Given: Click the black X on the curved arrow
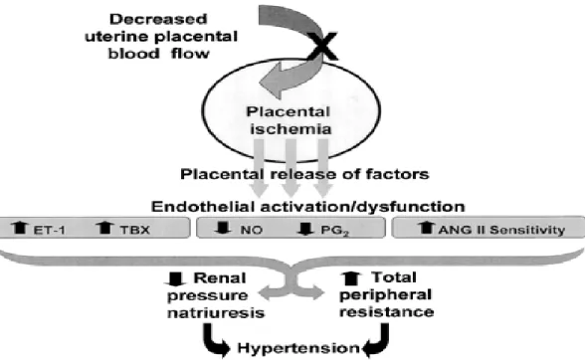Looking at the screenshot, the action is pos(322,47).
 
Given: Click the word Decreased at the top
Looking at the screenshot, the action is pos(158,19).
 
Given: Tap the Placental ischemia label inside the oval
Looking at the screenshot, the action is pos(289,120).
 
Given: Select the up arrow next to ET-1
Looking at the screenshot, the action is pos(20,228).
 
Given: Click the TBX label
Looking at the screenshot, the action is pos(134,230).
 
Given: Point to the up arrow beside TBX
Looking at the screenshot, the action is pos(104,228).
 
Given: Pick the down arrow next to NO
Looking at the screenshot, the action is pos(224,228).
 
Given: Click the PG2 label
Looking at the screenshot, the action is pos(334,231).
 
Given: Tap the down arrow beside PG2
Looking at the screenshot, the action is pos(305,229).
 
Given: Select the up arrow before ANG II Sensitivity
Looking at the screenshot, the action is pos(426,228).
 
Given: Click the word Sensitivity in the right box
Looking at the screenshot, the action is pos(527,230).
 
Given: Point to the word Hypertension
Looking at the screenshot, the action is pos(298,348).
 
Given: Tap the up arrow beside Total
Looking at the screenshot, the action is pos(351,278).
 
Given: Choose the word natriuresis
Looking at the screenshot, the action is pos(216,312).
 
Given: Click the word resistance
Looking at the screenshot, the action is pos(386,311).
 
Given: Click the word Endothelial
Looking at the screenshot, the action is pos(203,206).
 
